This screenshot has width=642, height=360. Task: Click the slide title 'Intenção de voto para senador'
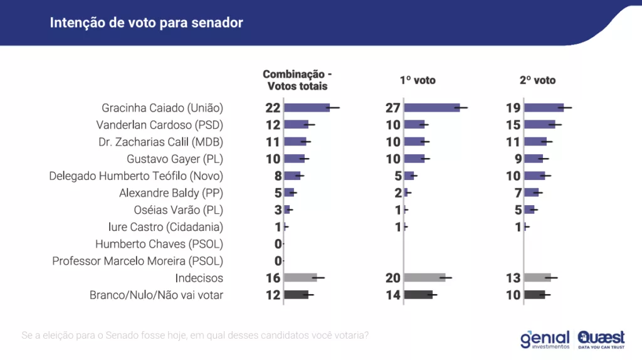pyautogui.click(x=146, y=23)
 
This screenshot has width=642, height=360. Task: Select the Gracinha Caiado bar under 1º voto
pyautogui.click(x=432, y=108)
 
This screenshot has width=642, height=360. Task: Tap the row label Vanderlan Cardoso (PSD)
pyautogui.click(x=159, y=124)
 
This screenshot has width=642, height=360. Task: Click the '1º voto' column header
pyautogui.click(x=418, y=80)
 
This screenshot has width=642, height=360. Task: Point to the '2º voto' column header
pyautogui.click(x=538, y=80)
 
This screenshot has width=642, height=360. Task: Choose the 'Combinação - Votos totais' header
pyautogui.click(x=297, y=80)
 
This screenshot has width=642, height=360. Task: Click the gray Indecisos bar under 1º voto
pyautogui.click(x=424, y=277)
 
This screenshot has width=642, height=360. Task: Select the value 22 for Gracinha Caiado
pyautogui.click(x=273, y=108)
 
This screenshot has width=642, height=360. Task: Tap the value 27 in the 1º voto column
pyautogui.click(x=392, y=108)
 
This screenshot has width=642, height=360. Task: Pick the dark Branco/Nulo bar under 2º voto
pyautogui.click(x=535, y=295)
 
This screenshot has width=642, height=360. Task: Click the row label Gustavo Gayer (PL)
pyautogui.click(x=175, y=159)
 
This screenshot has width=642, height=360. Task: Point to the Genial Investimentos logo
pyautogui.click(x=544, y=339)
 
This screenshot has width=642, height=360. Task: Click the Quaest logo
pyautogui.click(x=601, y=339)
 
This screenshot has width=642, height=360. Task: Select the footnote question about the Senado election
pyautogui.click(x=195, y=335)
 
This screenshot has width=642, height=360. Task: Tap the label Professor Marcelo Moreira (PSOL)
pyautogui.click(x=138, y=260)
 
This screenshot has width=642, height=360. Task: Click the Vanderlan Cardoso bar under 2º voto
pyautogui.click(x=539, y=124)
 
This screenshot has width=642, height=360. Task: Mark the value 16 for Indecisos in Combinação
pyautogui.click(x=273, y=278)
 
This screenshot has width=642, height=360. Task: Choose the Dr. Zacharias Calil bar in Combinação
pyautogui.click(x=295, y=141)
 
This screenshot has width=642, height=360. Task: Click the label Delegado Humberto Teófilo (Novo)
pyautogui.click(x=136, y=176)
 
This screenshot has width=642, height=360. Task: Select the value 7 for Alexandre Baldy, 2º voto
pyautogui.click(x=517, y=193)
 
